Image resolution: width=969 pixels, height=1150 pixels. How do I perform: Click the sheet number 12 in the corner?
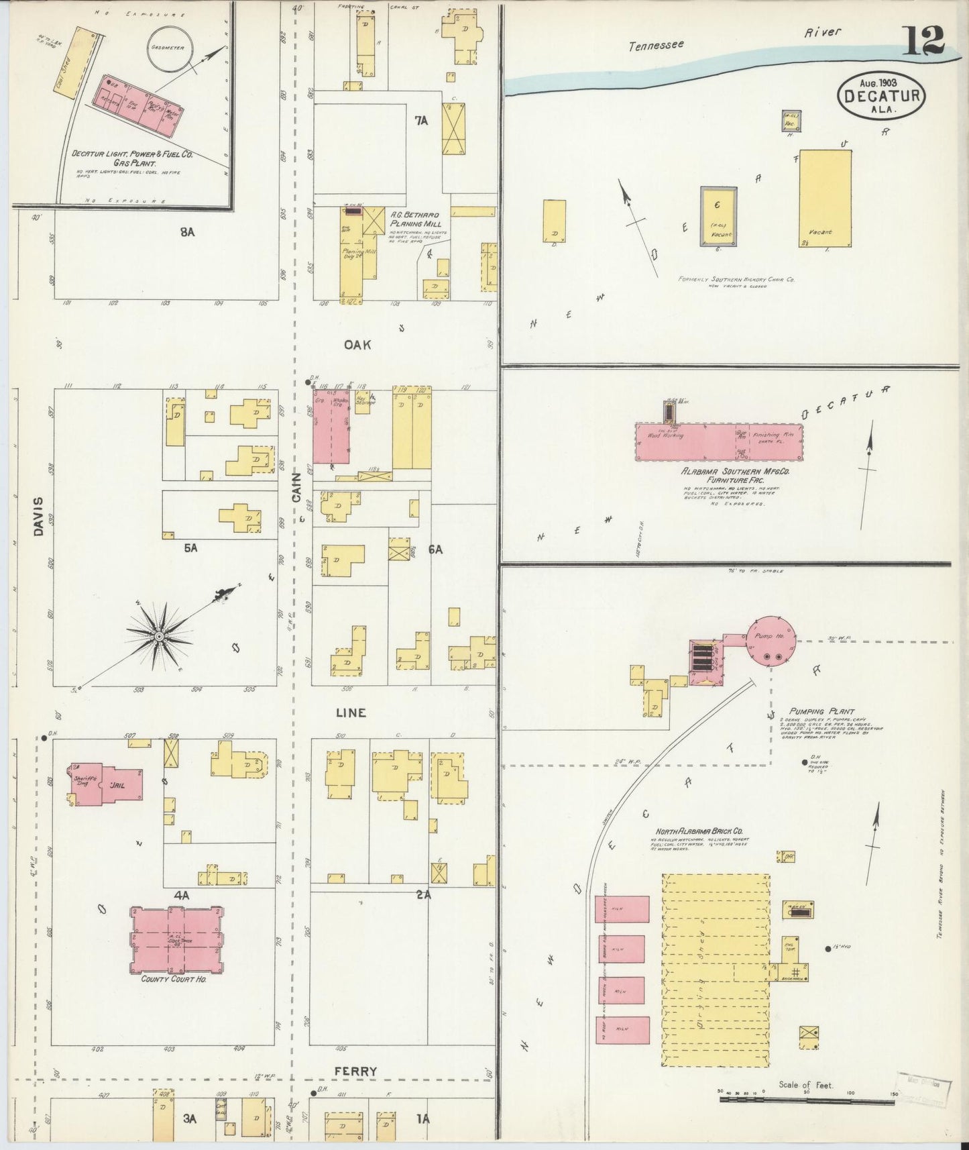click(x=923, y=42)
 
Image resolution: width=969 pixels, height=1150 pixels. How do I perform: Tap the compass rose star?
click(x=158, y=635)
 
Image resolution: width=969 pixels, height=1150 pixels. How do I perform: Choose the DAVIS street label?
click(x=38, y=516)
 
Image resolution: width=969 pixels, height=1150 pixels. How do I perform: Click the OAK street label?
click(x=357, y=344)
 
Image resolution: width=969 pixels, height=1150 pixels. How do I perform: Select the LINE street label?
click(x=351, y=713)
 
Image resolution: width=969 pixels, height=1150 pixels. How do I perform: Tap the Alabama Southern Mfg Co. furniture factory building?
click(x=718, y=441)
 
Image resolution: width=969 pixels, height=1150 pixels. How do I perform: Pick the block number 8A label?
click(x=186, y=232)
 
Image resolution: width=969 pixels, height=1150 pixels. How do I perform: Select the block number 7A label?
click(x=421, y=121)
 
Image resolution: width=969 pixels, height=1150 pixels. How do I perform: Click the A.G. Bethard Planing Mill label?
click(x=414, y=219)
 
